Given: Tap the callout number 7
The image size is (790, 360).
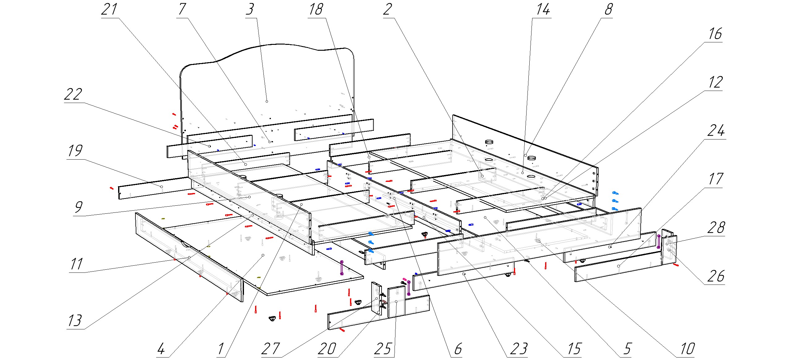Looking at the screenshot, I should coord(182,9).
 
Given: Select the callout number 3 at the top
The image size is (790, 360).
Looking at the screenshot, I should coord(250,9).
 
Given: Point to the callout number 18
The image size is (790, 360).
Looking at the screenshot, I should coord(316,9).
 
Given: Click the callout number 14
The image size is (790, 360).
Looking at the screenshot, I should coord(543,9).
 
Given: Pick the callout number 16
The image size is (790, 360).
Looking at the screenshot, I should coord(715,34).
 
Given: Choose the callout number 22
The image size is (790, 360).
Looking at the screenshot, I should coord(73,94).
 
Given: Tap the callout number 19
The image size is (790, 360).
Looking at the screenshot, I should coord(75,151).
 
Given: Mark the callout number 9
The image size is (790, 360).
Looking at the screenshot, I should coord(79,207).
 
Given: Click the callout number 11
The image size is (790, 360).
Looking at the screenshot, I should coord(76,264).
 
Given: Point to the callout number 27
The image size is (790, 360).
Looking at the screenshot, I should coord(271,349).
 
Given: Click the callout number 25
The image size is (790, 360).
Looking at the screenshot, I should coord(383,349).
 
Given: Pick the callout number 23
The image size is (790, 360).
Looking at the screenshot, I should coord(519,349).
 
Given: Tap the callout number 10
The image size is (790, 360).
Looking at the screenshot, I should coord(687,349).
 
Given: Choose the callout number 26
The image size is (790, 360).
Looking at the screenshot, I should coord(716,276).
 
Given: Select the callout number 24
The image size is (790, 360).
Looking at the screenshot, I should coord(716,131).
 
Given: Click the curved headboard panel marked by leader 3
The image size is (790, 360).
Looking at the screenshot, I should coord(266,80).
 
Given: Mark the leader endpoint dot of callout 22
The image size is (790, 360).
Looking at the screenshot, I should coord(210,146).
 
